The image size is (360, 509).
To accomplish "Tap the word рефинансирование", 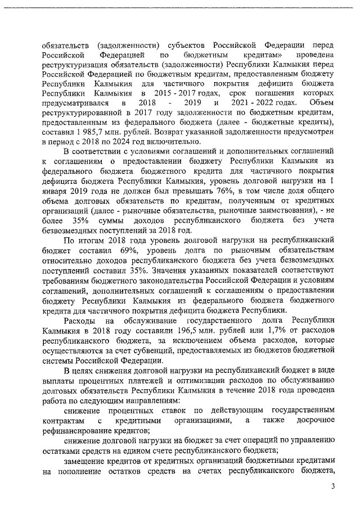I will pyautogui.click(x=71, y=431).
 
